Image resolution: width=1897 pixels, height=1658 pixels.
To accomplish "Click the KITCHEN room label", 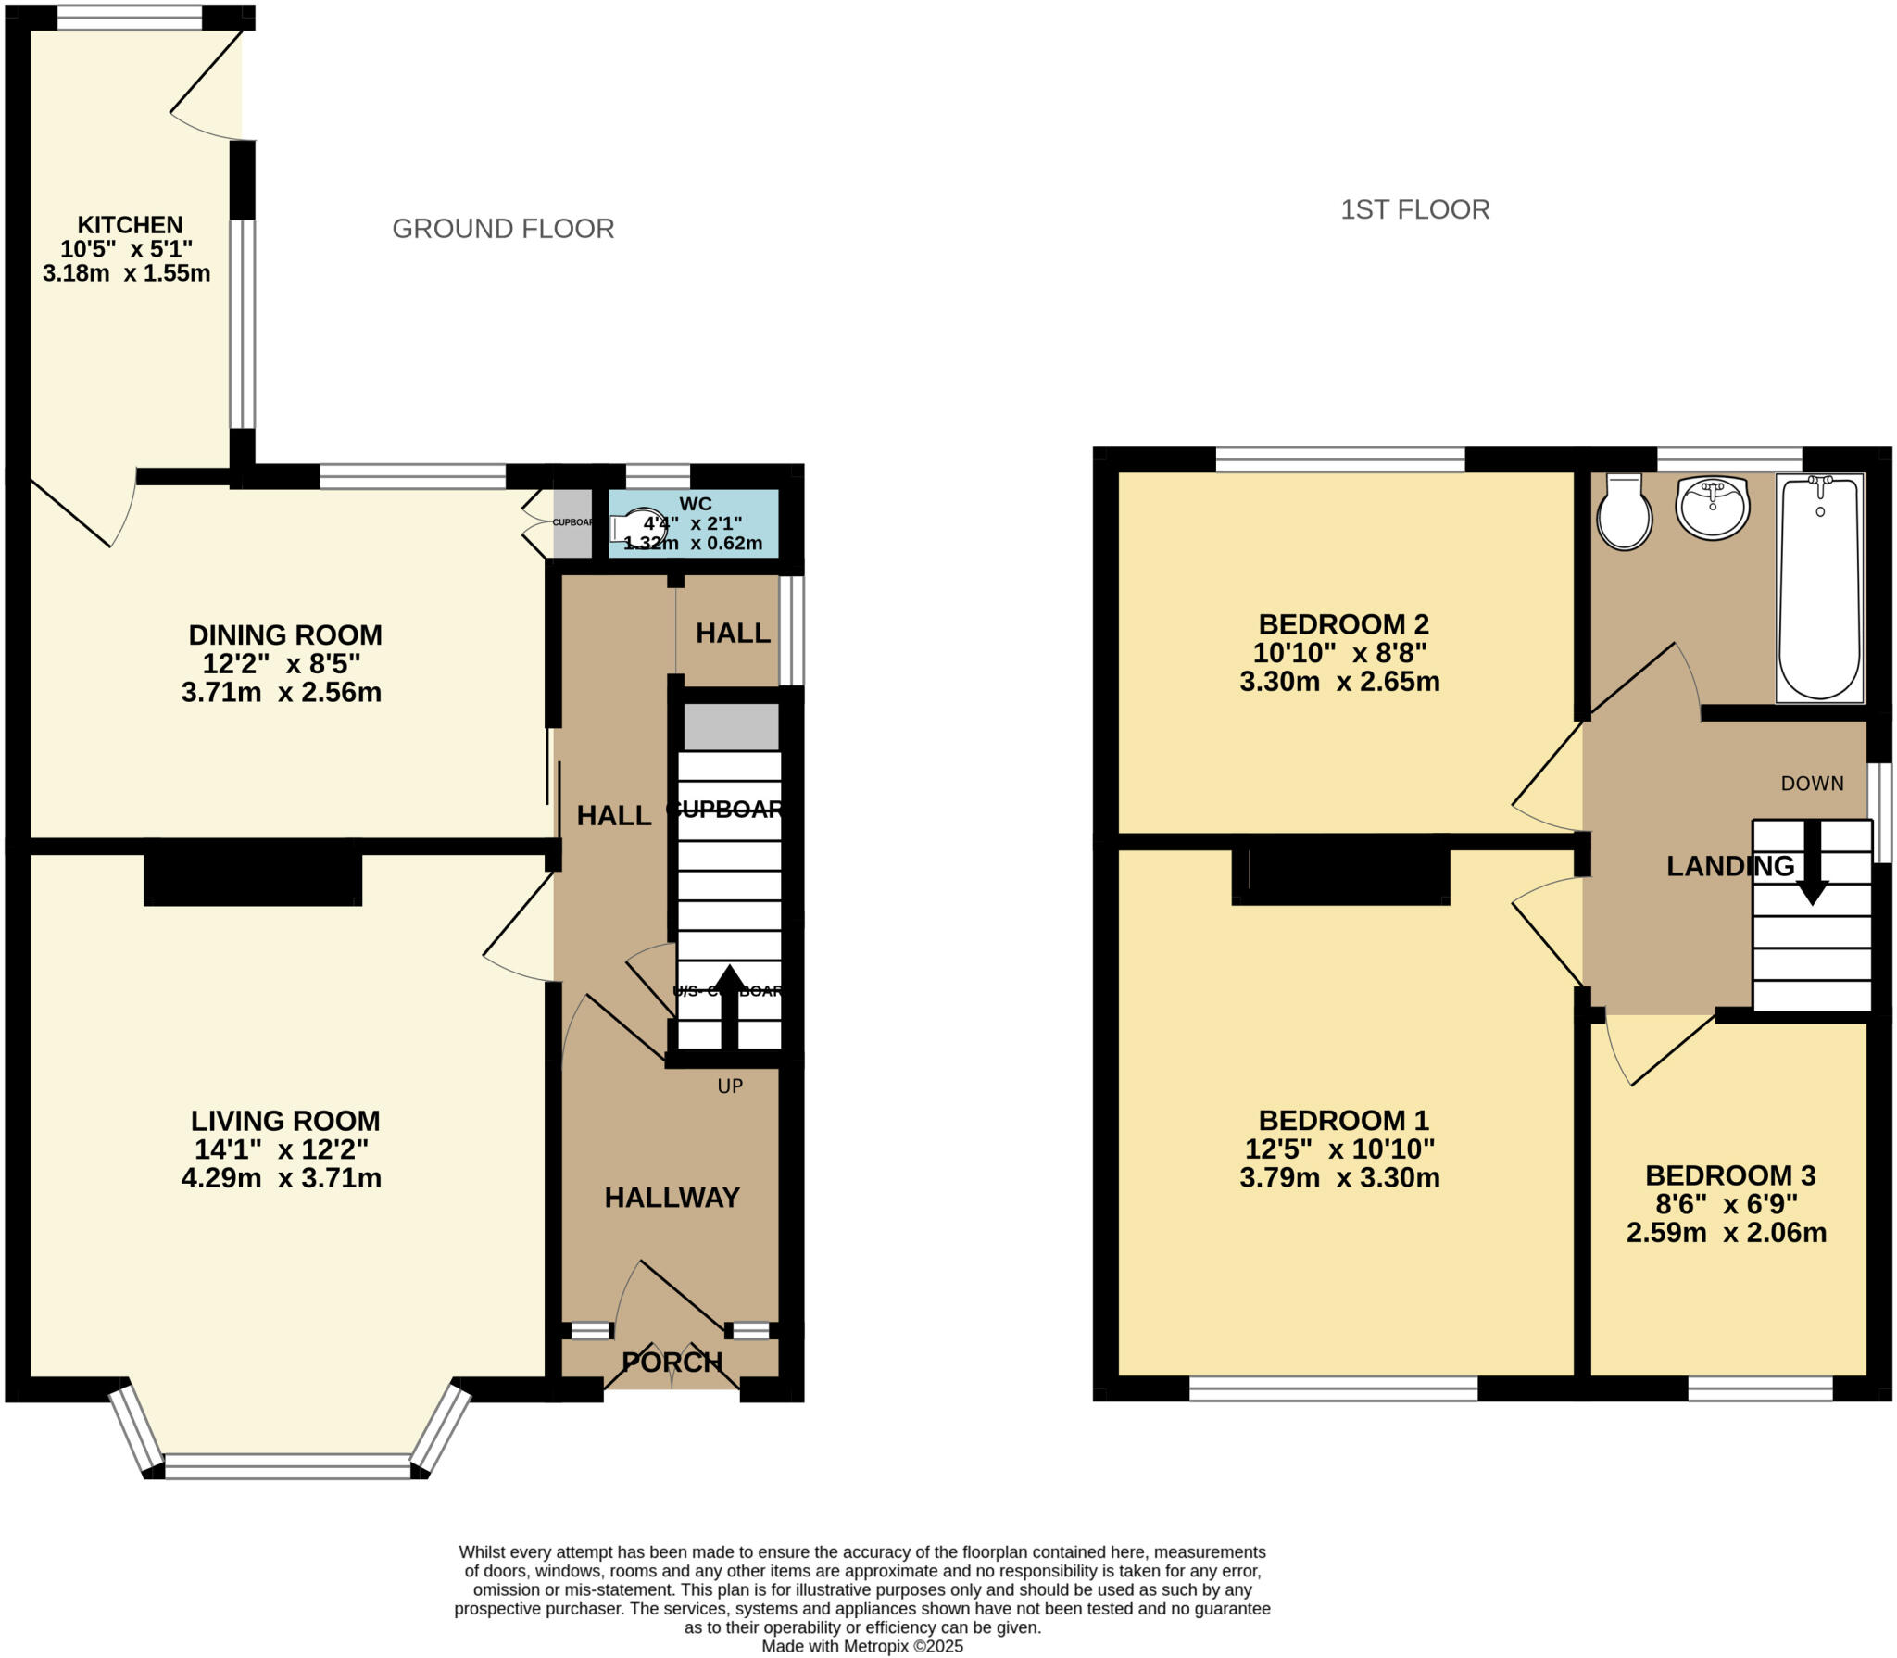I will (130, 225).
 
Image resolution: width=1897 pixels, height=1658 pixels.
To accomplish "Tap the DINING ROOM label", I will (285, 635).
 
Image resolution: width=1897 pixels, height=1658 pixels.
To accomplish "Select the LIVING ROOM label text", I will (285, 1121).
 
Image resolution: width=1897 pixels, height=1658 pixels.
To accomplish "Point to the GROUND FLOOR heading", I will (503, 229).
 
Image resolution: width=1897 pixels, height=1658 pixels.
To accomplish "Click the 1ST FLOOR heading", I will (1414, 210).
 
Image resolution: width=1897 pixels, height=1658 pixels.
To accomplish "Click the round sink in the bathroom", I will (1713, 508).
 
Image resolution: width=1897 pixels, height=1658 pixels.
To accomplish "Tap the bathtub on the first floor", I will (1819, 589).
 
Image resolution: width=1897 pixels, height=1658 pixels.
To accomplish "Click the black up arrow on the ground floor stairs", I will (729, 1005).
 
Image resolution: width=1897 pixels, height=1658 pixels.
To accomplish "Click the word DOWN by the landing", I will (1812, 784).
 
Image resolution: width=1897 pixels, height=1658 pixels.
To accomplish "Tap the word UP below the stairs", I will (730, 1086).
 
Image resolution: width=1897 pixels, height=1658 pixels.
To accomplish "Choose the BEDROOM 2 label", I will (1342, 624).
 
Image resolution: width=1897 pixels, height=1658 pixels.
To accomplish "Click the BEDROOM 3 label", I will (1729, 1175).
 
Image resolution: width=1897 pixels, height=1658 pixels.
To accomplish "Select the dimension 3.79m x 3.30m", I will (1339, 1178).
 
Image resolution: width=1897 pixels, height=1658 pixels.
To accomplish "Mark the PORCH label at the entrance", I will (672, 1363).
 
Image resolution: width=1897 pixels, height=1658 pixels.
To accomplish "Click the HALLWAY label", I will (672, 1198).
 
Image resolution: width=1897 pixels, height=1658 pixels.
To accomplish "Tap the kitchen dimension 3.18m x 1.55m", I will (126, 273).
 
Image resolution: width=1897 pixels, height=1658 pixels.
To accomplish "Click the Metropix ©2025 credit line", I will (861, 1646).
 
